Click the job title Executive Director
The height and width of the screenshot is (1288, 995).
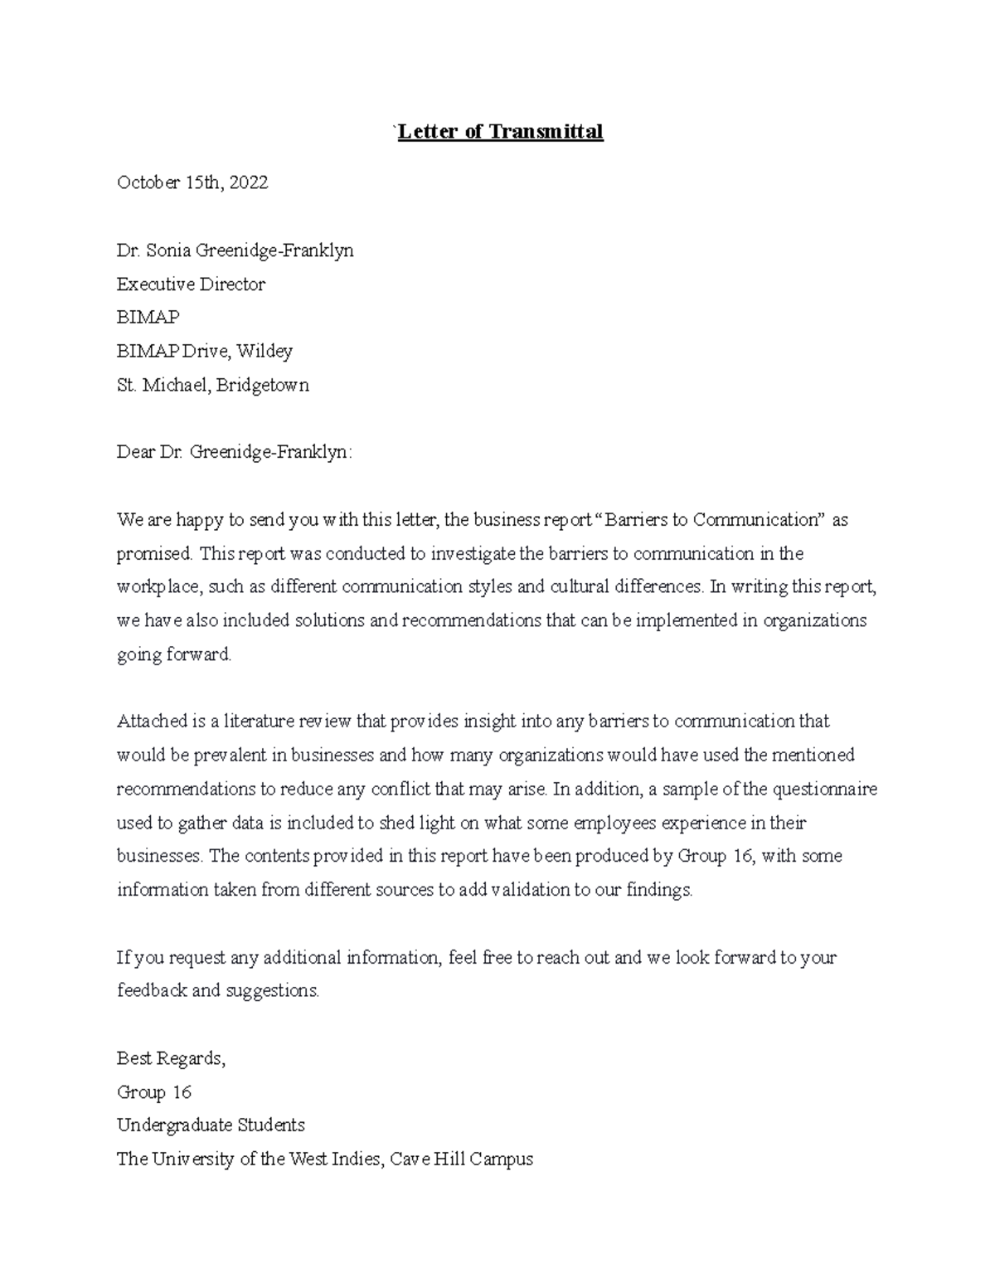(x=191, y=284)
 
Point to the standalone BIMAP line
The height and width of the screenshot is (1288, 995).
(x=148, y=318)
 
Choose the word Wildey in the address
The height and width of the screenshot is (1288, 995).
(x=265, y=351)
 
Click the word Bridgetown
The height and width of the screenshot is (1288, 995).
(x=263, y=385)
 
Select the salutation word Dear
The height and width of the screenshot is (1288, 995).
(x=134, y=452)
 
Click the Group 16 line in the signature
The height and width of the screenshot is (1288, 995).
(x=154, y=1092)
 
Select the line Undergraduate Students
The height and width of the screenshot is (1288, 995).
(x=211, y=1125)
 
